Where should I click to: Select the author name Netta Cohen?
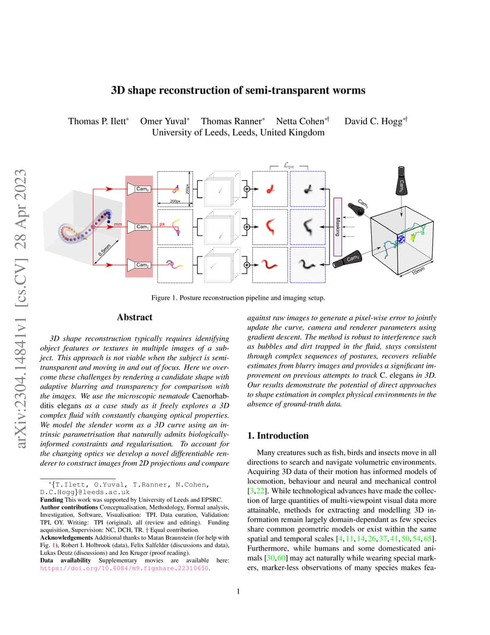[300, 121]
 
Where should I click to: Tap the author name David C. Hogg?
[373, 121]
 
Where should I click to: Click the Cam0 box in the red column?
[140, 189]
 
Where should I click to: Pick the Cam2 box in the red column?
[140, 265]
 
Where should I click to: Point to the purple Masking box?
[337, 227]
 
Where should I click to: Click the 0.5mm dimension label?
[104, 250]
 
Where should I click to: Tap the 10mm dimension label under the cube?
[418, 271]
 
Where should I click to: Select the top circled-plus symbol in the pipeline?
[246, 189]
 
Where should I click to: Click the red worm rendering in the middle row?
[270, 227]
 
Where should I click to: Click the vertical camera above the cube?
[401, 181]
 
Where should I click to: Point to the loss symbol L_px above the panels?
[289, 165]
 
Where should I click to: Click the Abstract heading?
[135, 317]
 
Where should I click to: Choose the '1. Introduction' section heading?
[278, 435]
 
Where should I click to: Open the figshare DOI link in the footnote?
[124, 568]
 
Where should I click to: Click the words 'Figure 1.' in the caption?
[165, 297]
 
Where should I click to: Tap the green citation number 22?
[260, 491]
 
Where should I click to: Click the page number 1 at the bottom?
[238, 592]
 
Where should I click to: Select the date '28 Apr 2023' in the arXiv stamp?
[20, 209]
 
